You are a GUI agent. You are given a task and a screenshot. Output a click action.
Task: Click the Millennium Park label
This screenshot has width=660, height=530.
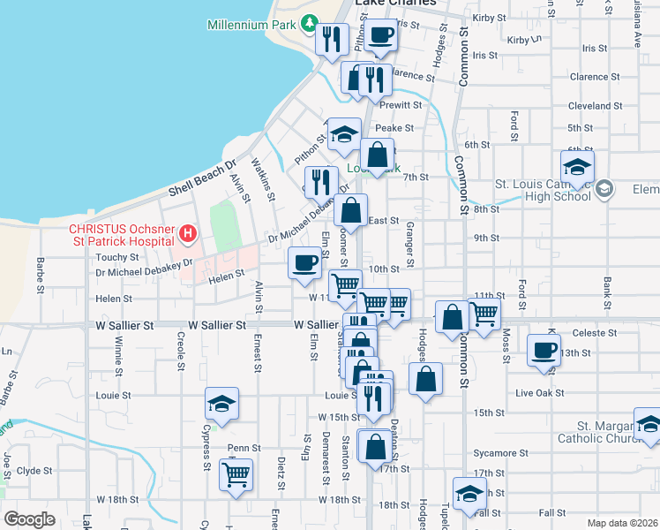251,25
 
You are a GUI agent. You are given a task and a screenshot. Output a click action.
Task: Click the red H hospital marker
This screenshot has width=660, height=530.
187,234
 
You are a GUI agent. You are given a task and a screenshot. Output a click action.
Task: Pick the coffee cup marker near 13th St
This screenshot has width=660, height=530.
544,349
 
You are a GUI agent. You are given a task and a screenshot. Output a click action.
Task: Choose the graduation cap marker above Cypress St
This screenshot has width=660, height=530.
221,404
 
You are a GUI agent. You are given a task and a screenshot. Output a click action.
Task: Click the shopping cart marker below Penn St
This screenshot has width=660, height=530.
236,474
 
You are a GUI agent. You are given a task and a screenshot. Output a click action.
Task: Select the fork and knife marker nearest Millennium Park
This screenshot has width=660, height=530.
331,38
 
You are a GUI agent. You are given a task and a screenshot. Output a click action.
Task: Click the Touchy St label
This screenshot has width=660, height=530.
111,258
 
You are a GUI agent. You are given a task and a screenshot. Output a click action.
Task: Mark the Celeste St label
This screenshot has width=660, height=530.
592,333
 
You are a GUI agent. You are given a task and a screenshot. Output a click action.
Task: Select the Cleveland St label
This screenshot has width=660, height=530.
595,106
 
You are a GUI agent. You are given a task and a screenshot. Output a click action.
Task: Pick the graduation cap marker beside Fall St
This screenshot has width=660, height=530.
469,494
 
